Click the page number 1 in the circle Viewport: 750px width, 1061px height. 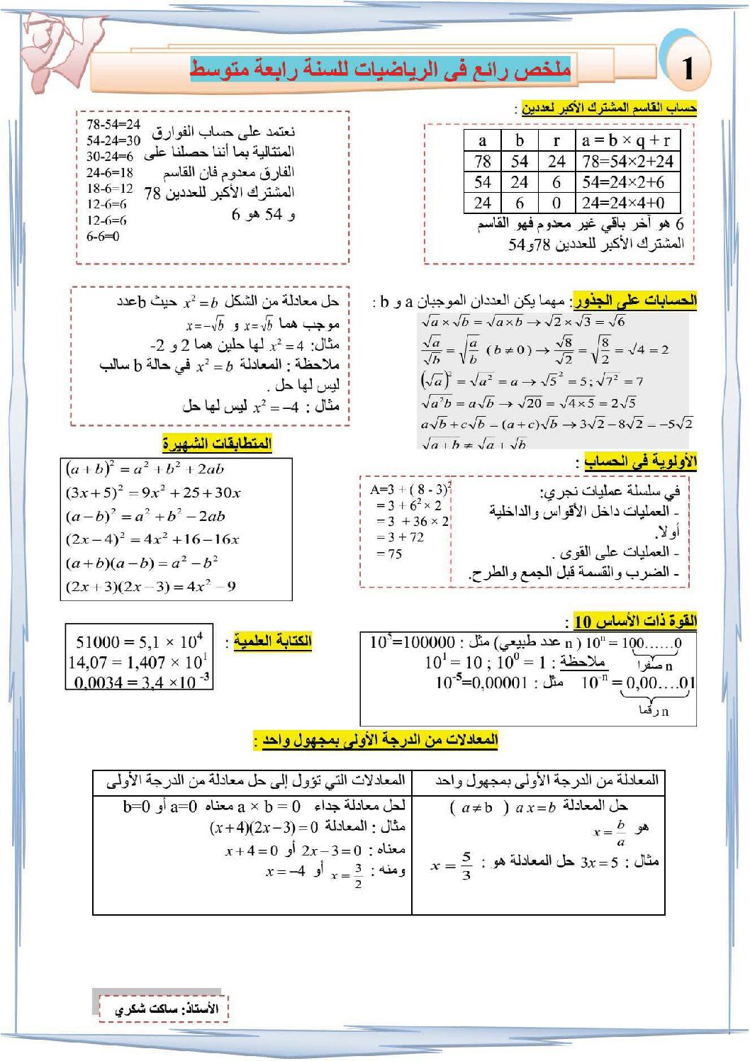point(687,68)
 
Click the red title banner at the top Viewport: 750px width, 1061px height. point(380,69)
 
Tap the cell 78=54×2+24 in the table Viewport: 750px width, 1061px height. point(627,161)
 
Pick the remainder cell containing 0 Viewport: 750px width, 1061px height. point(556,203)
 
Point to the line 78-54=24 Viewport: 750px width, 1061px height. point(113,124)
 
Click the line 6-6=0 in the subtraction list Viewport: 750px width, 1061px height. point(103,237)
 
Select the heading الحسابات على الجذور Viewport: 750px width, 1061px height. point(635,301)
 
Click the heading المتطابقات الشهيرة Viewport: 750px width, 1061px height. point(217,444)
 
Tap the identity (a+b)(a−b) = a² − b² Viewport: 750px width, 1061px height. point(142,563)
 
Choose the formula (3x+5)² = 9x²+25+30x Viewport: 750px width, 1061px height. point(153,492)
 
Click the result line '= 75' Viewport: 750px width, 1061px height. point(389,554)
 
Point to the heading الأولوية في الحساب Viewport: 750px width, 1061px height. point(640,461)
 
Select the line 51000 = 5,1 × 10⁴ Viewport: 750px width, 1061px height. point(139,641)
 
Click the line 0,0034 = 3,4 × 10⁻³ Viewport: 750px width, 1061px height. point(139,682)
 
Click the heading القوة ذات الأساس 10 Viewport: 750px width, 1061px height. point(635,622)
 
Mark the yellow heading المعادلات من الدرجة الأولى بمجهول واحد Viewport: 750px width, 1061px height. point(380,740)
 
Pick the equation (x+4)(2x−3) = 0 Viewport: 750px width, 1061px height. point(263,827)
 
